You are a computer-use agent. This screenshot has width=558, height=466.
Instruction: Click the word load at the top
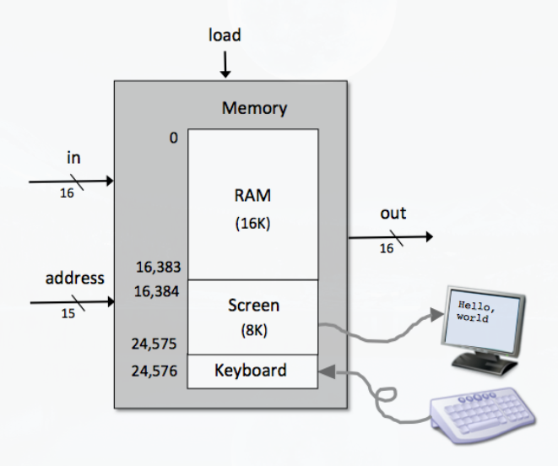tap(225, 35)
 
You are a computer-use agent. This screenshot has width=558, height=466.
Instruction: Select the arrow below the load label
tap(225, 65)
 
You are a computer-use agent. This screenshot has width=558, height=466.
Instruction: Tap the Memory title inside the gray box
tap(254, 108)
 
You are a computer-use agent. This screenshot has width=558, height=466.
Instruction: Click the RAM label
tap(252, 196)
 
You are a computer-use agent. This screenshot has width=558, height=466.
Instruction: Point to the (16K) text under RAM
tap(252, 226)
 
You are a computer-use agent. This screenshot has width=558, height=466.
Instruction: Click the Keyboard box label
tap(251, 370)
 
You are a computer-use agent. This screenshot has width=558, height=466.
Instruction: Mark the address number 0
tap(173, 137)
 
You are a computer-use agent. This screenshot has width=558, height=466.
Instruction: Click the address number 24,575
tap(156, 344)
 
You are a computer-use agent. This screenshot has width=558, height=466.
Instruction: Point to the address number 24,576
tap(156, 370)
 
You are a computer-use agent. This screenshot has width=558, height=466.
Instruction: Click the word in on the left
tap(73, 158)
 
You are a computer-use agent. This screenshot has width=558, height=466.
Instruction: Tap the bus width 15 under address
tap(67, 313)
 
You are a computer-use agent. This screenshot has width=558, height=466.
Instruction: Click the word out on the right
tap(393, 214)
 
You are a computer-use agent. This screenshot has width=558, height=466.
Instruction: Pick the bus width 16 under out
tap(387, 248)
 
